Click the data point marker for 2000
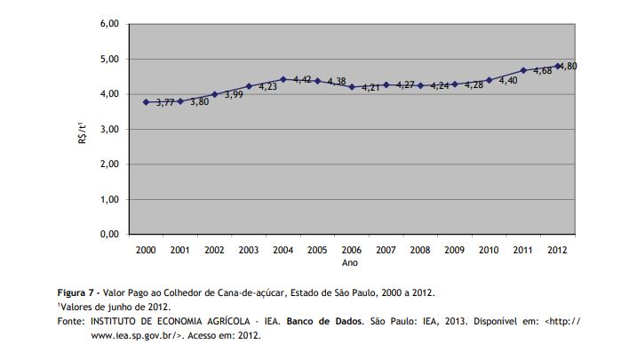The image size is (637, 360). point(146,102)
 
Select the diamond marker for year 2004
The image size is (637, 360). point(283,79)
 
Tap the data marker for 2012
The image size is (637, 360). point(558,66)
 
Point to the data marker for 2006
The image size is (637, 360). point(352,87)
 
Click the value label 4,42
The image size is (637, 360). point(302,80)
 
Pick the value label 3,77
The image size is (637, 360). point(165,103)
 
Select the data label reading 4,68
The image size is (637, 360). point(541,72)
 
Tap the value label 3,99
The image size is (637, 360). point(234,94)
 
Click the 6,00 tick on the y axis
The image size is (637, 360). point(108,24)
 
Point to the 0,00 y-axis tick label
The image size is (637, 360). point(108,234)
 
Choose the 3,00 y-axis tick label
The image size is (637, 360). point(108,129)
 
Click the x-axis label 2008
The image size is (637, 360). point(420,252)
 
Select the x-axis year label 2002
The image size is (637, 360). point(214,252)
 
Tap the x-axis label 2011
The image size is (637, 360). point(523,252)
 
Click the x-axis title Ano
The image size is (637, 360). point(352,263)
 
